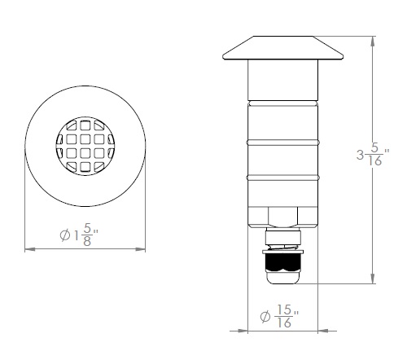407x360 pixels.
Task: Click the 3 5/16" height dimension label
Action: (373, 154)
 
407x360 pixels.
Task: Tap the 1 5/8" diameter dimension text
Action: (79, 235)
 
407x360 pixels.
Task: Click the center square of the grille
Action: (85, 146)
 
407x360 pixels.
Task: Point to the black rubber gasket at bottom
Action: (283, 262)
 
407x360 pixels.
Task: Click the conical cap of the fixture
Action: (283, 48)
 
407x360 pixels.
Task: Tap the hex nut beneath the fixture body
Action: (282, 217)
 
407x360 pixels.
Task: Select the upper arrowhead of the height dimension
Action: (373, 42)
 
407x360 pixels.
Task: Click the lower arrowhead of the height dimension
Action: (373, 279)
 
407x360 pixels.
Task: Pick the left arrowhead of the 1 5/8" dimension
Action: (30, 249)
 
